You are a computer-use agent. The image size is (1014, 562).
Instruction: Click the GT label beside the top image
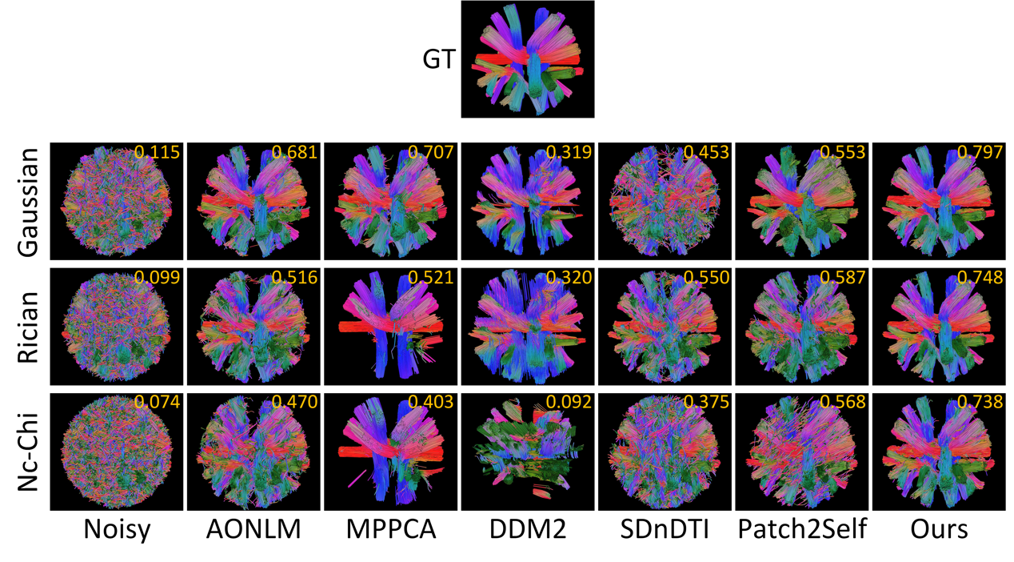pyautogui.click(x=438, y=60)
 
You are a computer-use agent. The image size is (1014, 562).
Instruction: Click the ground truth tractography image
pyautogui.click(x=527, y=59)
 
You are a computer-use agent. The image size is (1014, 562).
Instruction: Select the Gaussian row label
pyautogui.click(x=30, y=201)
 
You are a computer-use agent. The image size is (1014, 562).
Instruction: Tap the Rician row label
pyautogui.click(x=30, y=327)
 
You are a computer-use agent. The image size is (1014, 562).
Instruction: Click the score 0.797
pyautogui.click(x=980, y=153)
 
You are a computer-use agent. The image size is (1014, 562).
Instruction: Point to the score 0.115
pyautogui.click(x=158, y=153)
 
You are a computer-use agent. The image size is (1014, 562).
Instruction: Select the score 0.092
pyautogui.click(x=569, y=403)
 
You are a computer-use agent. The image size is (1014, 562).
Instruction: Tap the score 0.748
pyautogui.click(x=980, y=278)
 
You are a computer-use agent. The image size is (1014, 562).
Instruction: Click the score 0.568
pyautogui.click(x=843, y=403)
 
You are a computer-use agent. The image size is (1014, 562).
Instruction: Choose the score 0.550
pyautogui.click(x=705, y=278)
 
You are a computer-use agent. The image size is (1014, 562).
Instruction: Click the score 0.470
pyautogui.click(x=295, y=403)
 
